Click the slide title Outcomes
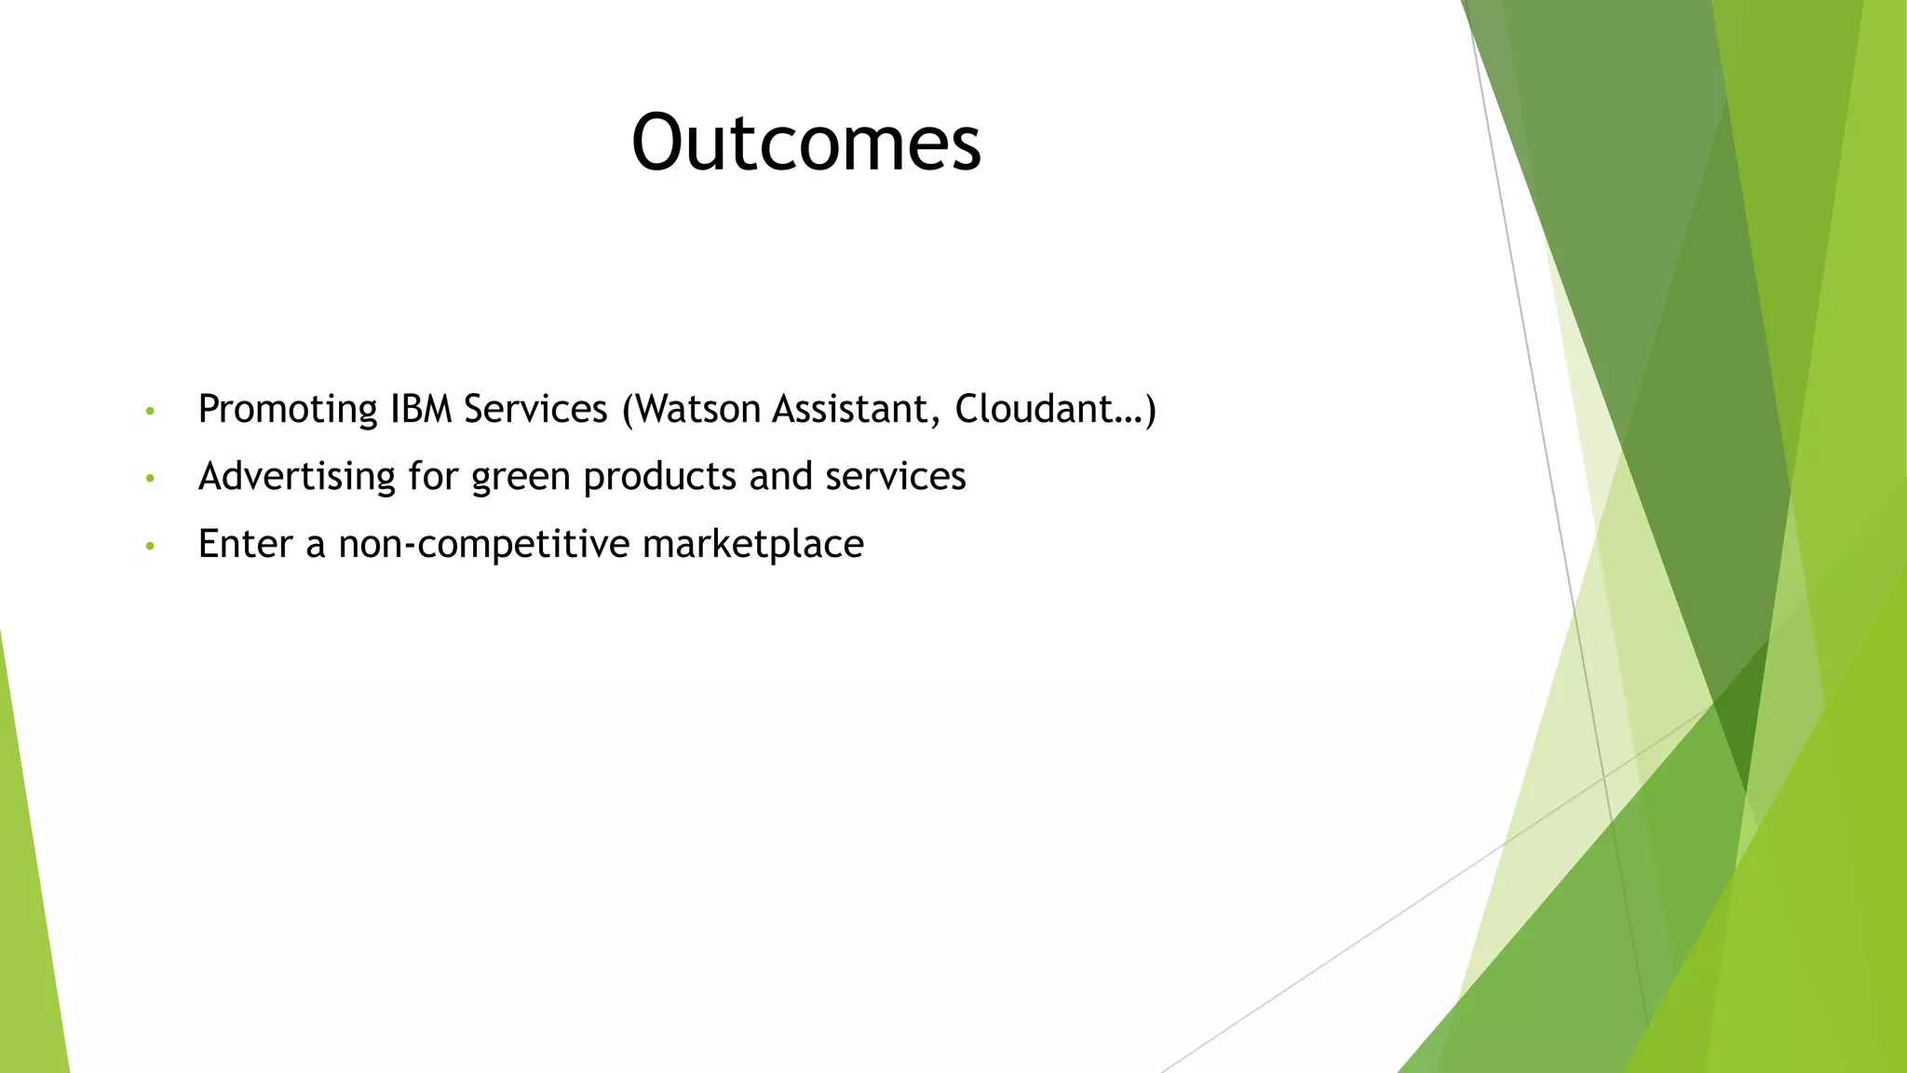point(806,143)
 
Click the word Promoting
point(287,410)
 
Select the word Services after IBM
point(535,409)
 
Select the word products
point(659,477)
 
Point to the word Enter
point(245,544)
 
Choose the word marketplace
point(752,545)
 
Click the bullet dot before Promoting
point(150,411)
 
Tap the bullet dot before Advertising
point(150,479)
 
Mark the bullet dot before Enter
point(150,546)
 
